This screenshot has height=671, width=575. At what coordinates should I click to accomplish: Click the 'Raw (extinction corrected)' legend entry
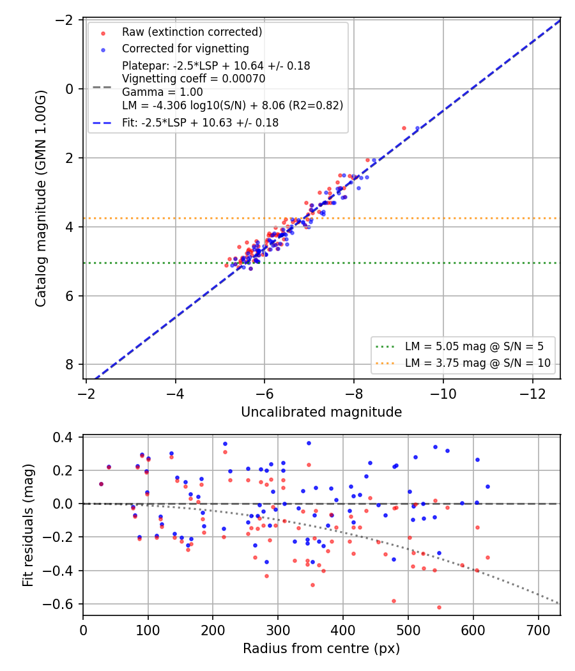click(x=192, y=32)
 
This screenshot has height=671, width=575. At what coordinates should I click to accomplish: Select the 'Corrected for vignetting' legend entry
click(x=185, y=49)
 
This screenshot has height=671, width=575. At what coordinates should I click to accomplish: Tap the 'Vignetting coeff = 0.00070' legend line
click(x=194, y=79)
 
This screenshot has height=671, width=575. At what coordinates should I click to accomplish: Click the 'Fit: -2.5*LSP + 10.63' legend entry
click(x=200, y=123)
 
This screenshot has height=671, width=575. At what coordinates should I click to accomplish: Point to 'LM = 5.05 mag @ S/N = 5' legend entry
click(x=474, y=346)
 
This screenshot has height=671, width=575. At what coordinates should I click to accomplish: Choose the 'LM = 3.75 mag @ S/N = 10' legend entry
click(x=477, y=363)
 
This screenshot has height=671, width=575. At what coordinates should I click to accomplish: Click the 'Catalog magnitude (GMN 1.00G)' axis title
click(x=40, y=199)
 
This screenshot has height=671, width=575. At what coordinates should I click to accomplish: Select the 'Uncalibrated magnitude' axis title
click(x=321, y=412)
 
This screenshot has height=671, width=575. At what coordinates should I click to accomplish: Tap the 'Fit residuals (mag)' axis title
click(x=28, y=525)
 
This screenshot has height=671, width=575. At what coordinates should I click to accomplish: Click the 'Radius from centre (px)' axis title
click(x=321, y=649)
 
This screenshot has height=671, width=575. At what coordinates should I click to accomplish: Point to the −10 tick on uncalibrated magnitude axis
click(x=443, y=393)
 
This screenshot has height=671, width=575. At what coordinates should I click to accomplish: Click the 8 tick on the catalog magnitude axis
click(x=70, y=365)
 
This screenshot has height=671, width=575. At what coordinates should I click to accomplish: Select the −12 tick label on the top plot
click(x=533, y=393)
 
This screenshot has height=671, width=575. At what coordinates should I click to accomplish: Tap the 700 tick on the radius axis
click(x=538, y=630)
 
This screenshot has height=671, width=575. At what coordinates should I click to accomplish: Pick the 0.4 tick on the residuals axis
click(x=63, y=437)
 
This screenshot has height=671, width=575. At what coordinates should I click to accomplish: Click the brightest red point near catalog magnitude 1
click(x=404, y=128)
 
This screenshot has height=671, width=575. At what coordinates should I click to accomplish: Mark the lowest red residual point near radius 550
click(x=439, y=607)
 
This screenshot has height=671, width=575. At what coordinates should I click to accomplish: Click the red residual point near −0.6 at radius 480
click(x=394, y=601)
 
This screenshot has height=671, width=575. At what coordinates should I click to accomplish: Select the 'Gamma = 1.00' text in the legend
click(x=162, y=92)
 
